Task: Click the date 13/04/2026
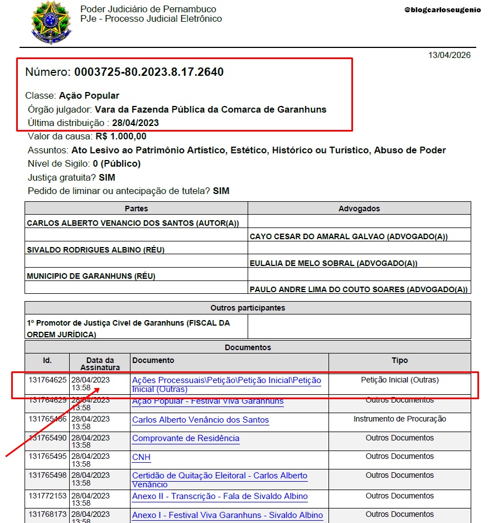click(x=449, y=55)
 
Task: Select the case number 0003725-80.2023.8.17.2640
click(x=149, y=72)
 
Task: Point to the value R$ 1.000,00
click(x=121, y=136)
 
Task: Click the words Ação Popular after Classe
click(x=89, y=95)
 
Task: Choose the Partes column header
click(x=136, y=209)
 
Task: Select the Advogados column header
click(x=359, y=209)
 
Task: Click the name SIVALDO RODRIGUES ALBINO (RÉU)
click(x=96, y=250)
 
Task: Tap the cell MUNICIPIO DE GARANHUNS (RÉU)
click(x=91, y=276)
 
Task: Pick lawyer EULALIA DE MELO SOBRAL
click(x=333, y=263)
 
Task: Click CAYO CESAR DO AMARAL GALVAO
click(x=349, y=236)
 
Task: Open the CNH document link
click(x=141, y=457)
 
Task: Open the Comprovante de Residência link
click(x=186, y=438)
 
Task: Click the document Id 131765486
click(x=47, y=419)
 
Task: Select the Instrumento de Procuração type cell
click(x=399, y=419)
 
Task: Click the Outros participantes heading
click(x=248, y=308)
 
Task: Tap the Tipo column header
click(x=399, y=361)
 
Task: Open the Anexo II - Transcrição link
click(x=220, y=496)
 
